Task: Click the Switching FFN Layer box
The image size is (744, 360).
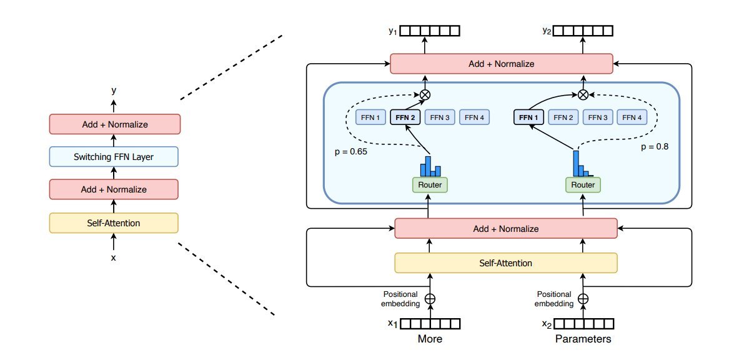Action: coord(114,157)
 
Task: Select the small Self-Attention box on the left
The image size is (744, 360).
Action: coord(114,222)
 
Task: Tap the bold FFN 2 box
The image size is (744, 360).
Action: coord(405,117)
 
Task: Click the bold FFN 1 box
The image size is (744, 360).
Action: coord(528,117)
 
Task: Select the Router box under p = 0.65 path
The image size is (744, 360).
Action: coord(430,185)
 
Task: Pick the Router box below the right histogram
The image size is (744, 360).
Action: coord(583,185)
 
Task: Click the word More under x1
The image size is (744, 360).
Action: coord(430,339)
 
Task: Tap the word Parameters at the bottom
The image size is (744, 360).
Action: coord(583,339)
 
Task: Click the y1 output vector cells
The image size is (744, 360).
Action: coord(430,31)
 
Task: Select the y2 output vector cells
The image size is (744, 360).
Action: coord(583,31)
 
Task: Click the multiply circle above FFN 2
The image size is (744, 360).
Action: coord(426,95)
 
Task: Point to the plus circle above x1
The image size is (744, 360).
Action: coord(430,299)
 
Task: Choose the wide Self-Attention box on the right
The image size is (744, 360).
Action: coord(505,262)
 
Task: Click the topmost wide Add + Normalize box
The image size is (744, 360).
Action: coord(501,64)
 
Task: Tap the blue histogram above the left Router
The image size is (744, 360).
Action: coord(430,166)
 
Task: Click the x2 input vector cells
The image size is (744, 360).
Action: coord(583,324)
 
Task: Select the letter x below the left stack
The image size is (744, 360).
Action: coord(114,257)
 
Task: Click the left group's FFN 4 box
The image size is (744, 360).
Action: coord(475,117)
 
